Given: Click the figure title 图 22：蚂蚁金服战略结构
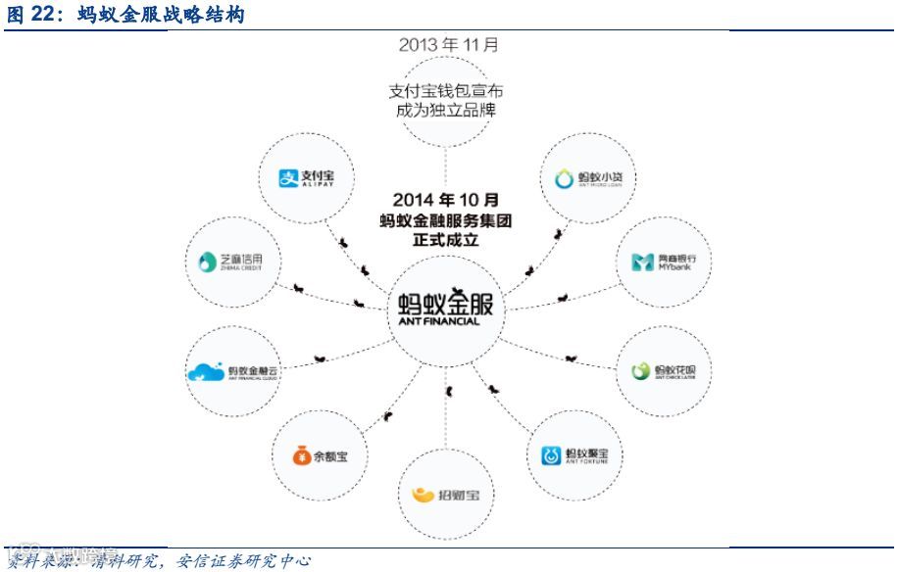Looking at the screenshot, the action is (126, 15).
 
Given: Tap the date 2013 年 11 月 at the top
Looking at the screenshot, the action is (448, 45).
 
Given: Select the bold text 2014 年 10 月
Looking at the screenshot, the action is (445, 200).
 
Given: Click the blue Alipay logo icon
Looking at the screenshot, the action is (287, 177).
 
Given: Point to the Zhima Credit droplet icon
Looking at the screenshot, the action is (205, 261).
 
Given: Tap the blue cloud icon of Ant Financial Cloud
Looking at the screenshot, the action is (205, 372).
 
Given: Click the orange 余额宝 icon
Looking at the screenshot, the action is (300, 455).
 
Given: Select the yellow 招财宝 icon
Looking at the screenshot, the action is (423, 495).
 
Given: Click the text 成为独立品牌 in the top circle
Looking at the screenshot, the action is (447, 110).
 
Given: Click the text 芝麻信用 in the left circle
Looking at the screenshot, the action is (241, 257).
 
